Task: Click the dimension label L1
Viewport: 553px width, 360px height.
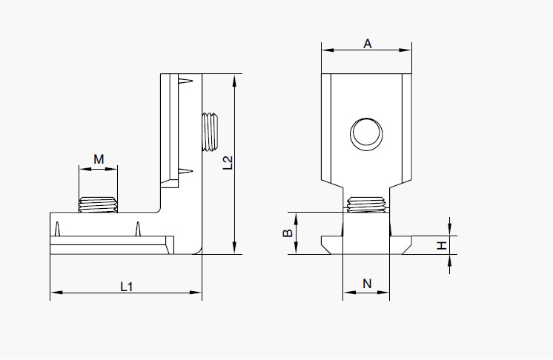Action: point(126,285)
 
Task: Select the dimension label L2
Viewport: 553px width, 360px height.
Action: point(228,163)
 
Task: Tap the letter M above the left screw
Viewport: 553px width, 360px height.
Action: point(99,159)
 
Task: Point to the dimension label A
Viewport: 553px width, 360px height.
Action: point(367,44)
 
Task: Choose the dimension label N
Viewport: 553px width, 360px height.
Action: point(366,284)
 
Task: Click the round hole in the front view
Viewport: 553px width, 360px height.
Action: point(366,134)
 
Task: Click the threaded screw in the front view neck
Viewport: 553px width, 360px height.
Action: point(366,204)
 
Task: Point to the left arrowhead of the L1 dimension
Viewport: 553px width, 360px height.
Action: point(54,293)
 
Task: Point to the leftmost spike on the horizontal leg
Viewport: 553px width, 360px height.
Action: point(57,230)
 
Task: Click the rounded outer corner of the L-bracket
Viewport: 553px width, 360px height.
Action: point(198,250)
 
